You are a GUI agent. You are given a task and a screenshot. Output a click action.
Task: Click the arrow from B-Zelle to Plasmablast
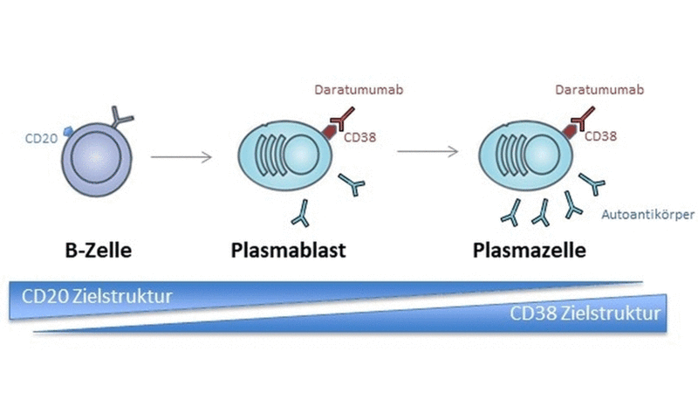[x=181, y=157]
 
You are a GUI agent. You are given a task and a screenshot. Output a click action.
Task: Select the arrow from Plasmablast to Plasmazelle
[x=428, y=152]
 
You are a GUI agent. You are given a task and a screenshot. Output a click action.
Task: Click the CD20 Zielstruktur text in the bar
[x=98, y=297]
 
